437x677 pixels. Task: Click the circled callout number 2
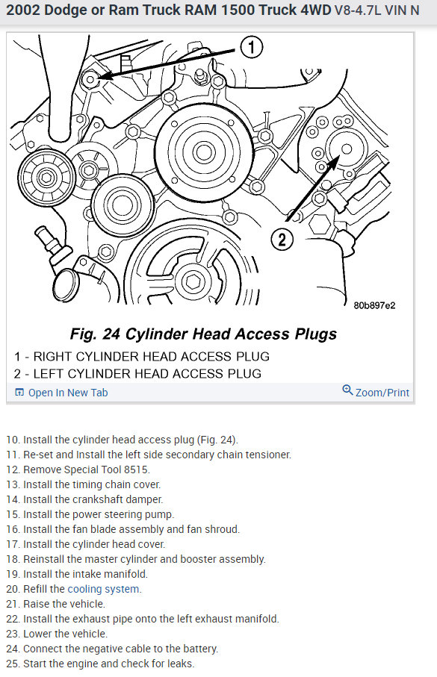tap(282, 239)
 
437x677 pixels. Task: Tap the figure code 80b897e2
tap(374, 305)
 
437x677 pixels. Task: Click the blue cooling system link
tap(103, 589)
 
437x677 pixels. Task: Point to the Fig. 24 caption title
tap(203, 334)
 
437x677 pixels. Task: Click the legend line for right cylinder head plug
tap(142, 357)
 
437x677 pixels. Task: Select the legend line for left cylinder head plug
tap(137, 373)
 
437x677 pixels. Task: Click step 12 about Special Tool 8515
tap(78, 469)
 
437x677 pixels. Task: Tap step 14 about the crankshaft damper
tap(84, 499)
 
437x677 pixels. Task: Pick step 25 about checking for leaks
tap(100, 664)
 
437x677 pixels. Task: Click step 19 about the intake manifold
tap(77, 574)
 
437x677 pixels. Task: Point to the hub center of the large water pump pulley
tap(203, 152)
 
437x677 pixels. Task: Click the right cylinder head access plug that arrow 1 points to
tap(90, 79)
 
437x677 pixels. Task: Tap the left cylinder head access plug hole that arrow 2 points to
tap(346, 149)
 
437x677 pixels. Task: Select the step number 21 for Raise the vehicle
tap(13, 604)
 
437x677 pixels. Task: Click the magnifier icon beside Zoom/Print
tap(347, 390)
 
